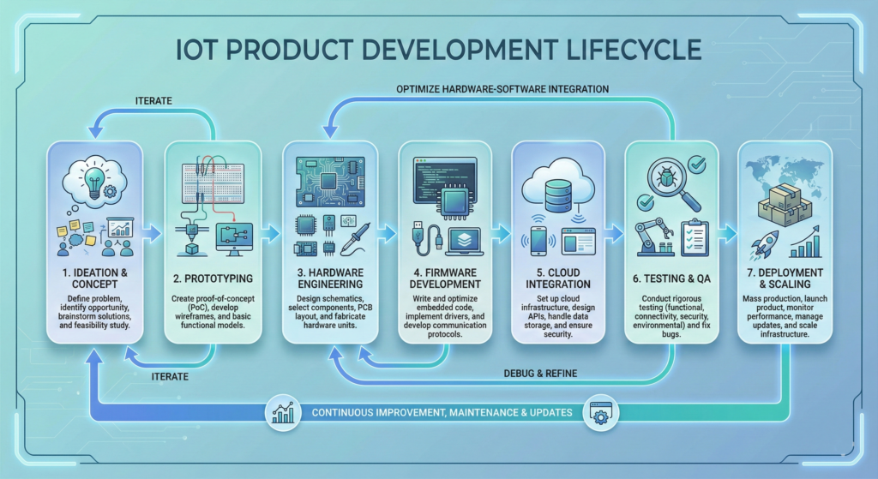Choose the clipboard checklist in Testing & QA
point(693,237)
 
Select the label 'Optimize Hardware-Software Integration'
point(502,89)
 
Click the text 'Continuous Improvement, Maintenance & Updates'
point(442,412)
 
